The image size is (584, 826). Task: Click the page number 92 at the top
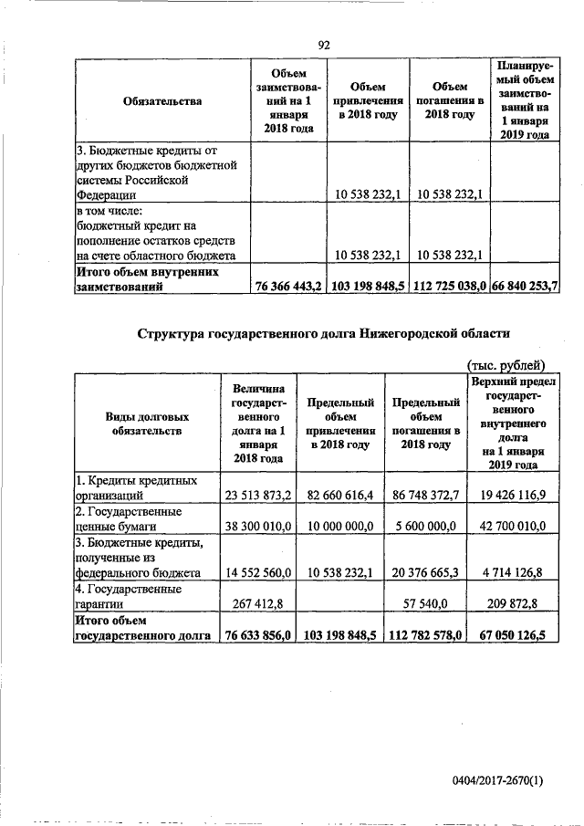coord(323,45)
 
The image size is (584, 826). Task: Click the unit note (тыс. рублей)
coord(506,362)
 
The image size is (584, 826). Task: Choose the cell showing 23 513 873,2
coord(257,495)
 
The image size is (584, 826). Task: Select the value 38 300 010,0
coord(257,527)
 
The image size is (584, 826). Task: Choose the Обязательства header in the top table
coord(162,101)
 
